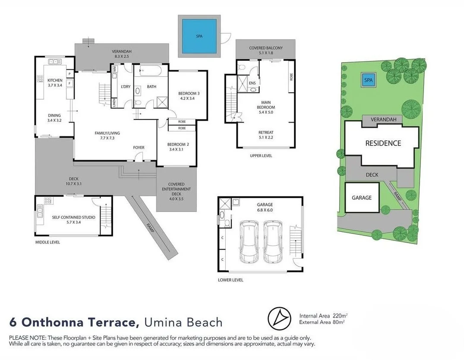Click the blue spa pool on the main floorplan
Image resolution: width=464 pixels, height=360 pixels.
click(x=199, y=36)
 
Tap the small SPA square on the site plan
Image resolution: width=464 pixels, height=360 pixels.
click(x=368, y=80)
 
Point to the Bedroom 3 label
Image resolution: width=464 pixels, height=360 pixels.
click(x=189, y=96)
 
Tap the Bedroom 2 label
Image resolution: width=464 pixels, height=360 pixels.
click(x=176, y=147)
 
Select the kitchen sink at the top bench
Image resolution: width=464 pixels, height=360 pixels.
click(x=55, y=62)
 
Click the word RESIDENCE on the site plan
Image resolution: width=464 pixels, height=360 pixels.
click(x=383, y=143)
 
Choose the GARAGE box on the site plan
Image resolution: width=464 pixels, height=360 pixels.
click(x=362, y=198)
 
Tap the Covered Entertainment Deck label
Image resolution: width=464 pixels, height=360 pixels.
click(x=176, y=189)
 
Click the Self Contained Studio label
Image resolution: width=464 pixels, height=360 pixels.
click(x=73, y=220)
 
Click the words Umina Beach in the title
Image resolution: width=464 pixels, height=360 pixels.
click(x=183, y=322)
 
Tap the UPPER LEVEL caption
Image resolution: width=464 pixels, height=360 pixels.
click(x=261, y=155)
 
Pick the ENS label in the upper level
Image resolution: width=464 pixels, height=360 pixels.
click(x=253, y=82)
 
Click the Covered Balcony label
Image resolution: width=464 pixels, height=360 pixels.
click(x=266, y=51)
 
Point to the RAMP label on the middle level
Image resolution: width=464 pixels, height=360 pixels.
click(x=150, y=227)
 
